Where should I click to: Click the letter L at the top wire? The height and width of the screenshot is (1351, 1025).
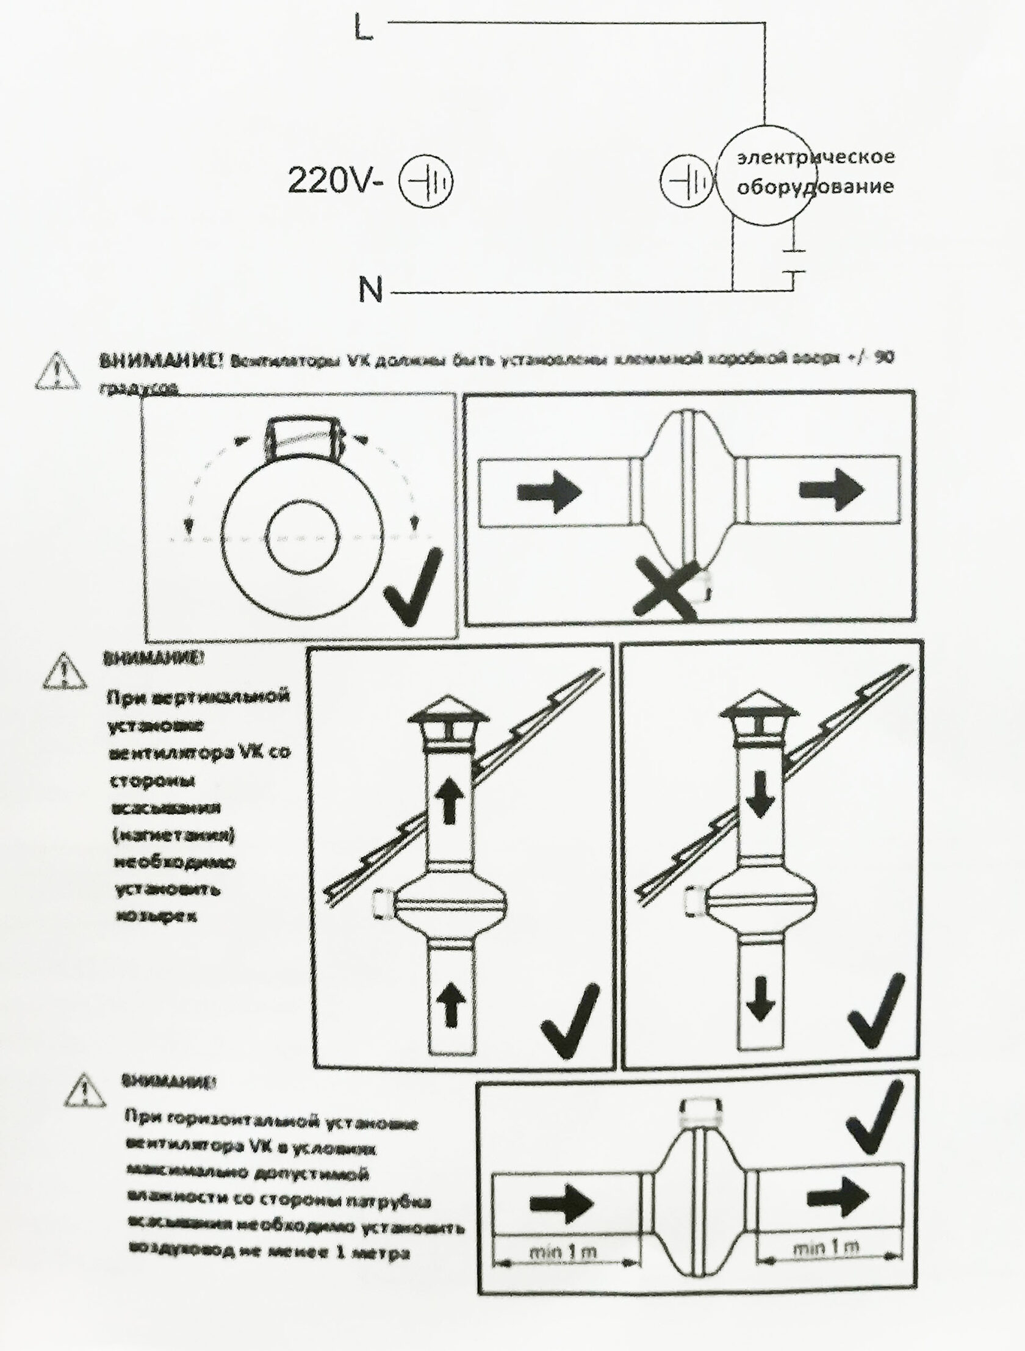click(364, 28)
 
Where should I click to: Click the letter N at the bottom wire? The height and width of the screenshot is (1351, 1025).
click(370, 290)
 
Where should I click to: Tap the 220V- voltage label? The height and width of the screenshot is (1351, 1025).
click(335, 181)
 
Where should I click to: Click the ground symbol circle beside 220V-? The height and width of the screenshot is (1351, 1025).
click(426, 181)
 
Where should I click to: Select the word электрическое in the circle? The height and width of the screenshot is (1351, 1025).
click(816, 157)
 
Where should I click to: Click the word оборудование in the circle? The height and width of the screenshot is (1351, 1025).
click(815, 186)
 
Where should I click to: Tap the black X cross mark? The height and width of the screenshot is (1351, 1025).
click(666, 588)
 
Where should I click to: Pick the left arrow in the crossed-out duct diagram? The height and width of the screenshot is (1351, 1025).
click(548, 492)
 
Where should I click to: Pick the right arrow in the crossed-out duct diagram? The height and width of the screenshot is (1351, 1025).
click(832, 489)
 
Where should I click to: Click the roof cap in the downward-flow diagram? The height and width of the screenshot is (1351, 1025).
click(759, 712)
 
